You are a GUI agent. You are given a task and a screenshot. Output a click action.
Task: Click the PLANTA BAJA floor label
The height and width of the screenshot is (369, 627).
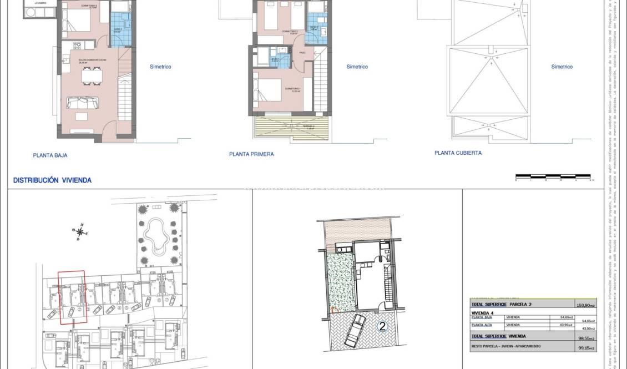pyautogui.click(x=50, y=155)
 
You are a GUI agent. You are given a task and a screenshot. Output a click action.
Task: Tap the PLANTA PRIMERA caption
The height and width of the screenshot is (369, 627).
pyautogui.click(x=251, y=154)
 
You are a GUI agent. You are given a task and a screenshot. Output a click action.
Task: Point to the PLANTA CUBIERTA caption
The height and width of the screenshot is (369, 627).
pyautogui.click(x=458, y=153)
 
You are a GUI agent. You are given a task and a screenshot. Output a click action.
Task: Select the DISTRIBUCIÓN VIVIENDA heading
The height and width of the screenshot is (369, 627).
pyautogui.click(x=52, y=180)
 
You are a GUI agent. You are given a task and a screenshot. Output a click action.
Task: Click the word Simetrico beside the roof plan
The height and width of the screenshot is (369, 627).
pyautogui.click(x=562, y=67)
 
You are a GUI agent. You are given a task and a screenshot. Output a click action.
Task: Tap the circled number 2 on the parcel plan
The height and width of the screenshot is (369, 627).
pyautogui.click(x=382, y=326)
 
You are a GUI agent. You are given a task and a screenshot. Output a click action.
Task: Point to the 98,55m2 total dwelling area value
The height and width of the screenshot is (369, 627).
pyautogui.click(x=586, y=338)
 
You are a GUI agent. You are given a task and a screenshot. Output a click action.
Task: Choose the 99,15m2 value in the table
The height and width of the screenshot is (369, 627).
pyautogui.click(x=586, y=348)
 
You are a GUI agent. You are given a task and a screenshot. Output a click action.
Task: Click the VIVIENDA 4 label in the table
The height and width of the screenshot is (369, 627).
pyautogui.click(x=482, y=312)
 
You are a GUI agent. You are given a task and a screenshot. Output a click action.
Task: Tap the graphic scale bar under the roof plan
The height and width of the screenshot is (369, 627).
pyautogui.click(x=554, y=177)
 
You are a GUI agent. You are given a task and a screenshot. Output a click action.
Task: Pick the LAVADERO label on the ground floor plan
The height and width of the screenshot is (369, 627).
pyautogui.click(x=40, y=2)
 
